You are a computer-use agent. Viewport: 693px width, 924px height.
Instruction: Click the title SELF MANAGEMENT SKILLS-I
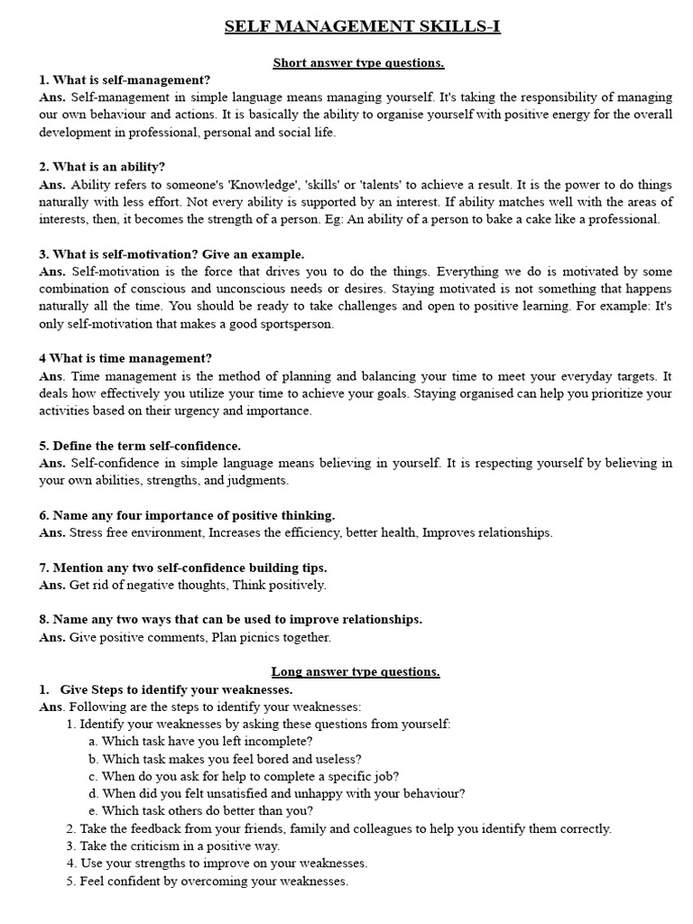click(x=362, y=27)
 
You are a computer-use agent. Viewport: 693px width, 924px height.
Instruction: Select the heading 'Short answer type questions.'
click(x=358, y=63)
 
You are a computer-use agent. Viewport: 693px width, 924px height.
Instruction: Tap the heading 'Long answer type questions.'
click(x=356, y=672)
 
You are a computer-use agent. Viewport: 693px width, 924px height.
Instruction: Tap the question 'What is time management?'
click(x=125, y=358)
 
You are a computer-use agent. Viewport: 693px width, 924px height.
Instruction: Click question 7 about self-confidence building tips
click(x=183, y=568)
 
